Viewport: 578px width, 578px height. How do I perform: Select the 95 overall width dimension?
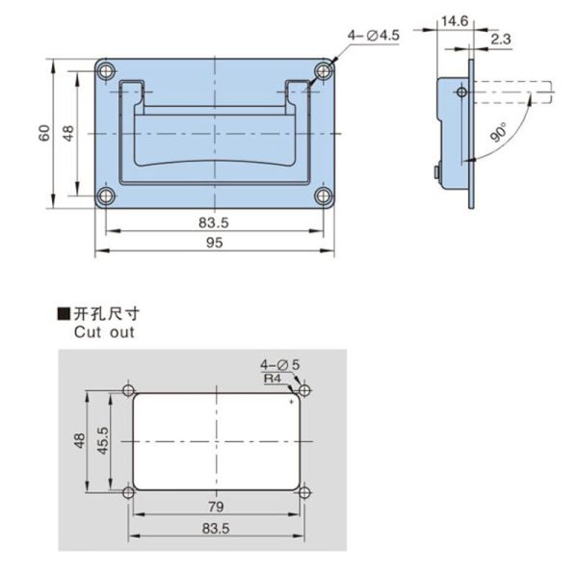pyautogui.click(x=214, y=244)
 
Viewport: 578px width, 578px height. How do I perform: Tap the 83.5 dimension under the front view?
pyautogui.click(x=214, y=223)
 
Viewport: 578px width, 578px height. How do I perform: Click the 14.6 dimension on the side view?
pyautogui.click(x=453, y=19)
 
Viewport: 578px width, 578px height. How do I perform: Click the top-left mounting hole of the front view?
pyautogui.click(x=107, y=70)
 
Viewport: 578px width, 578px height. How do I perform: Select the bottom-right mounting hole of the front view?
pyautogui.click(x=322, y=197)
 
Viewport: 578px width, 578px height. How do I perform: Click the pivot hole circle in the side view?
pyautogui.click(x=461, y=92)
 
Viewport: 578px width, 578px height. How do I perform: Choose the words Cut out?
pyautogui.click(x=104, y=332)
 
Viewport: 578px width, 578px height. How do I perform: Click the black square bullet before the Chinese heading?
pyautogui.click(x=64, y=314)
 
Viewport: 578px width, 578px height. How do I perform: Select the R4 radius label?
pyautogui.click(x=274, y=380)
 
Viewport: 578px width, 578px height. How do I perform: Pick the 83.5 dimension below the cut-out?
pyautogui.click(x=216, y=529)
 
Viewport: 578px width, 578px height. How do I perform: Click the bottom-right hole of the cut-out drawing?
pyautogui.click(x=304, y=493)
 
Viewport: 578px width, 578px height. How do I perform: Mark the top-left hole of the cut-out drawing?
pyautogui.click(x=129, y=391)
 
